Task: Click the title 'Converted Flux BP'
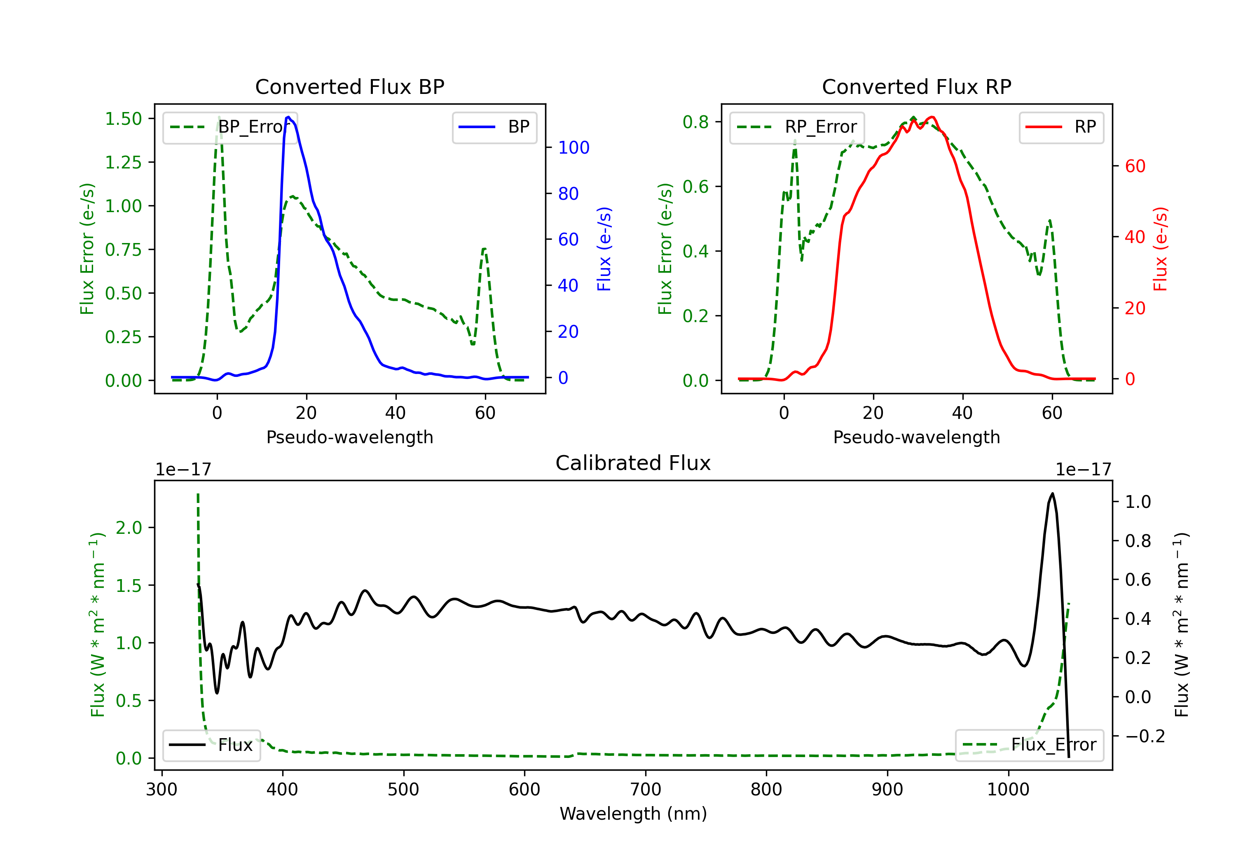point(350,86)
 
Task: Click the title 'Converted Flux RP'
point(917,86)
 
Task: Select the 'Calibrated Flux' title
point(633,463)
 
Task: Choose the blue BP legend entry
point(494,127)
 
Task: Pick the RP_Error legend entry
point(797,127)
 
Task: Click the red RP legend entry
point(1061,127)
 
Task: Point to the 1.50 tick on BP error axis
point(123,119)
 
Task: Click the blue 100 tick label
point(574,147)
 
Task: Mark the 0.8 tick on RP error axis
point(695,122)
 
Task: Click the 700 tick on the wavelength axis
point(646,790)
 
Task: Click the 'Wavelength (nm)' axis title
point(633,814)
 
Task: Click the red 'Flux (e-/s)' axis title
point(1161,249)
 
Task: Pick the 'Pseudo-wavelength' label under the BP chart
point(350,437)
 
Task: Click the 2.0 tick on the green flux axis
point(129,528)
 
